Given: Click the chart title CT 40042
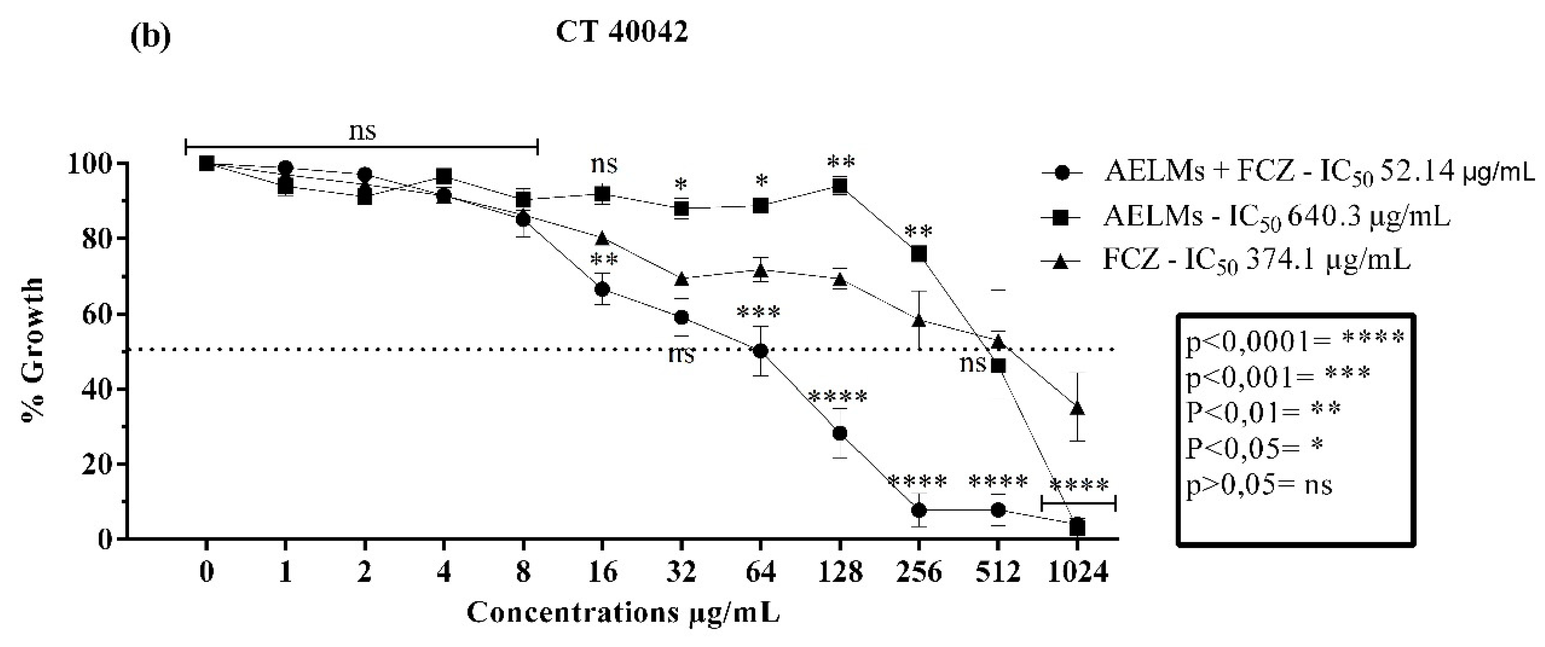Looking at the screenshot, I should (621, 33).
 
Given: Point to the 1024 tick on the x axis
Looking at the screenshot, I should (1077, 573).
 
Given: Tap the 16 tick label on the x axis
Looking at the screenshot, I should (602, 573).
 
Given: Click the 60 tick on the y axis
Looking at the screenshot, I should (95, 314).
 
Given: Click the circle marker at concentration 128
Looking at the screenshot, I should (840, 433).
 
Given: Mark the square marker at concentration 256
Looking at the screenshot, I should (919, 255).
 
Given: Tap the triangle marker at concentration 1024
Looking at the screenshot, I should (1077, 408).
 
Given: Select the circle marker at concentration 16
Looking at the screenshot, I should (602, 289).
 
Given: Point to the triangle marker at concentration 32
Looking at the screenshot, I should (682, 279).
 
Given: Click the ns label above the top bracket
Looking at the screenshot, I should (362, 131).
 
